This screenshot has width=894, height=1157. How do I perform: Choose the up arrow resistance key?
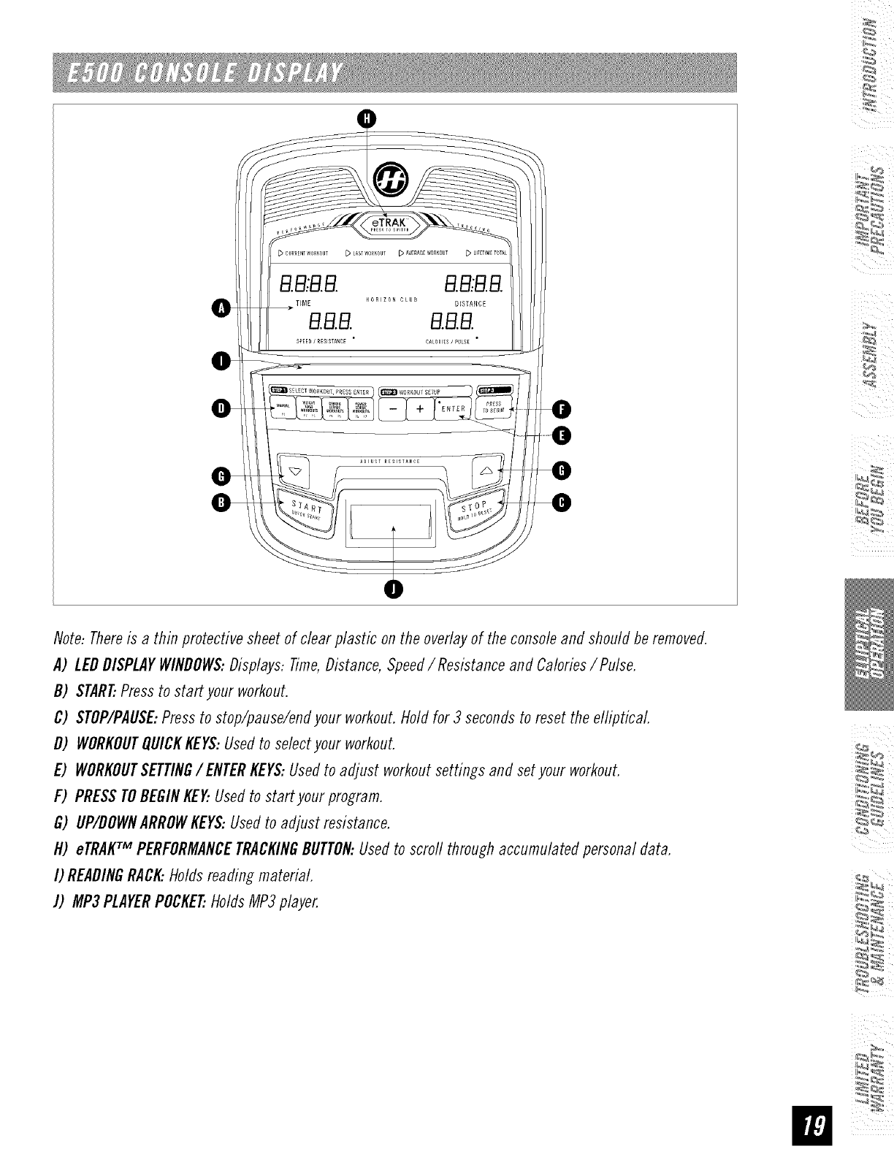[x=488, y=470]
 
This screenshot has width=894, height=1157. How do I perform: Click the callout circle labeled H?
[x=368, y=118]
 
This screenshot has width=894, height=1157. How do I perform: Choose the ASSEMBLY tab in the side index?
[x=874, y=354]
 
